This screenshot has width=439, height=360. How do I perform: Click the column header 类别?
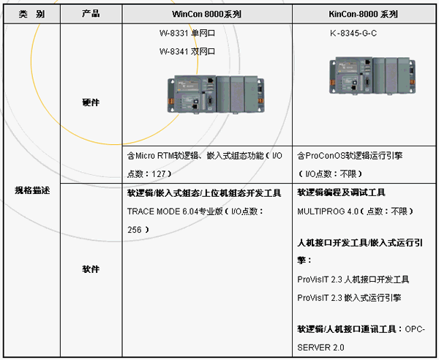(x=31, y=13)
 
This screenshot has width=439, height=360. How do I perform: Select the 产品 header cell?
(x=91, y=13)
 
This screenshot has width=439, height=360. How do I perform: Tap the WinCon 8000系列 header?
(x=207, y=13)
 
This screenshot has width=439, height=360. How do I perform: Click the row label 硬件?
(x=91, y=102)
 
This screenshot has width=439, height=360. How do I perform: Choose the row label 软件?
(x=91, y=269)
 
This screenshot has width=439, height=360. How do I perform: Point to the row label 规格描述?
(x=31, y=190)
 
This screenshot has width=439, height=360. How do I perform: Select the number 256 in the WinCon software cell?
(x=135, y=229)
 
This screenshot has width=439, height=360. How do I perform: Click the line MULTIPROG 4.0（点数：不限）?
(x=356, y=211)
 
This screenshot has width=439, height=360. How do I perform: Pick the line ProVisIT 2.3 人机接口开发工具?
(x=353, y=280)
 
